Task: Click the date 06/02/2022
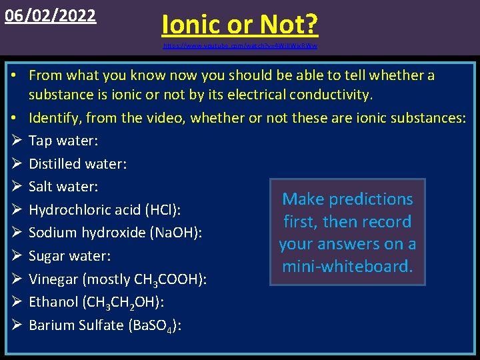coord(51,15)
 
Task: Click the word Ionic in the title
coord(193,25)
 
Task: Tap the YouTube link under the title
coord(240,47)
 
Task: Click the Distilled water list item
coord(77,164)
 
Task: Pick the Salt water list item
coord(63,187)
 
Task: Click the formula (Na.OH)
coord(173,233)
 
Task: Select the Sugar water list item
coord(69,256)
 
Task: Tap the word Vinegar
coord(54,279)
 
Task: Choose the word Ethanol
coord(53,302)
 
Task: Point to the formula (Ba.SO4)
coord(155,325)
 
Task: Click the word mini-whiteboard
coord(347,267)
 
